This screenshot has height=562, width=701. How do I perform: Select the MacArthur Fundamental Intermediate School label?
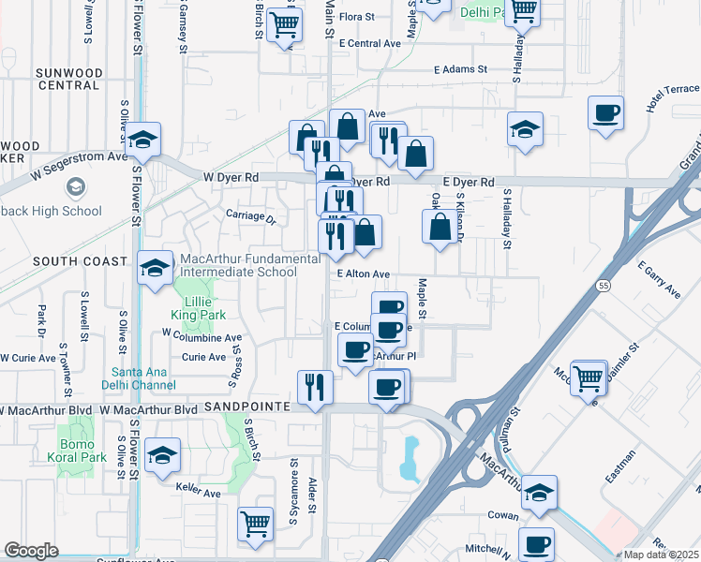tap(238, 265)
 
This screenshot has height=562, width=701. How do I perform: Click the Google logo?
tap(31, 551)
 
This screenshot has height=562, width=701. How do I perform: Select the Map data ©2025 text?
tap(662, 555)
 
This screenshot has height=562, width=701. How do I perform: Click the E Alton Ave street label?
tap(364, 274)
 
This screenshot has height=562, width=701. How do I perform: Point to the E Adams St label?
tap(461, 69)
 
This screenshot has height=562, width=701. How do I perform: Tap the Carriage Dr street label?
tap(250, 216)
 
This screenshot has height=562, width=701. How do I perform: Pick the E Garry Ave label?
tap(660, 280)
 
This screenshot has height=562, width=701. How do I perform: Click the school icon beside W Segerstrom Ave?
tap(144, 140)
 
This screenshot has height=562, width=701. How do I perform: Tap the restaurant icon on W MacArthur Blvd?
tap(315, 387)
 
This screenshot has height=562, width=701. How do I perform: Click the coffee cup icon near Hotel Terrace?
tap(605, 114)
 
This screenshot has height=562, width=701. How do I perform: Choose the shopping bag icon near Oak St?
tap(440, 227)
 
